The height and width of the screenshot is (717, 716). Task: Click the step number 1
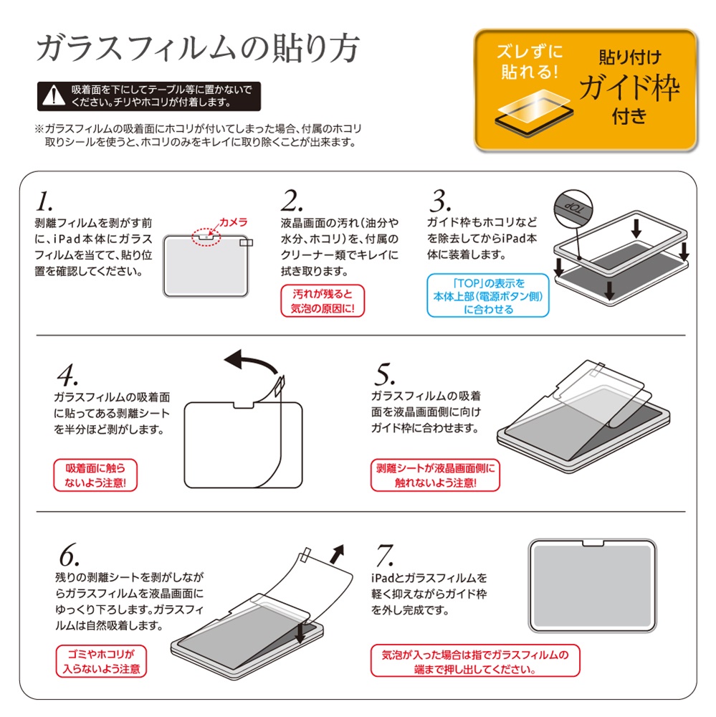44,199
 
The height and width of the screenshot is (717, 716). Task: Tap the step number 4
66,376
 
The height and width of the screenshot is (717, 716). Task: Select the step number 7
385,554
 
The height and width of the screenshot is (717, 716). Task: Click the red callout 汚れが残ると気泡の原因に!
323,302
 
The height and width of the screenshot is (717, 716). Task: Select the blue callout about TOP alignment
488,295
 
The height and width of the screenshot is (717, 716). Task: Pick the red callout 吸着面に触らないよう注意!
95,475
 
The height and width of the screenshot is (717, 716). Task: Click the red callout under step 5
435,475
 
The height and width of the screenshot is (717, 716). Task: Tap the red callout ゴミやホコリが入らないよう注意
100,661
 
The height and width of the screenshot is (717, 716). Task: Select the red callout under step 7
474,661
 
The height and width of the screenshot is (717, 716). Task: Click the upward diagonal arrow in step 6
338,554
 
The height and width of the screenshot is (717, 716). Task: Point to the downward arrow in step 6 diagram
300,632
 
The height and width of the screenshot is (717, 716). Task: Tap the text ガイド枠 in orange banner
629,89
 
